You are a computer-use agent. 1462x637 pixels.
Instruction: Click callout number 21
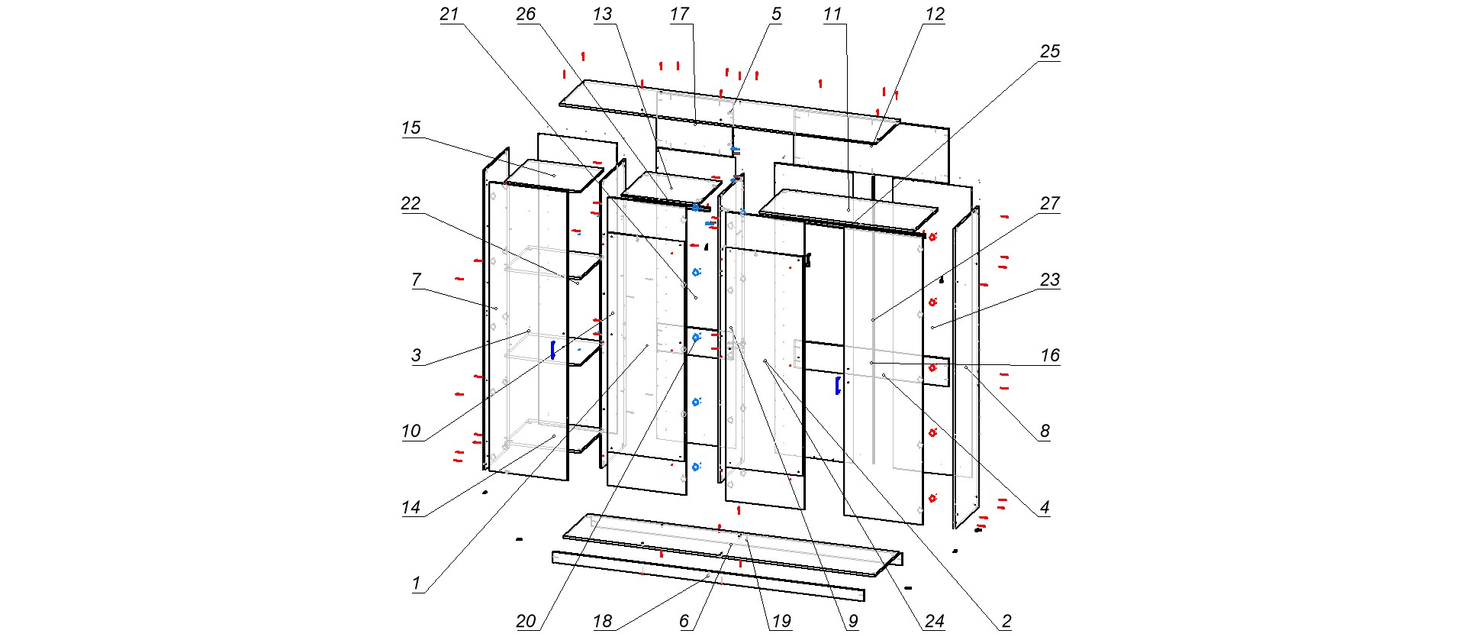coord(449,14)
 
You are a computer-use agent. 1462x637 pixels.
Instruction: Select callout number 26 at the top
coord(526,14)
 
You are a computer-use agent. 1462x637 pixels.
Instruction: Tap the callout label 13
coord(602,14)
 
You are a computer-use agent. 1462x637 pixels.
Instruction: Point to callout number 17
coord(679,14)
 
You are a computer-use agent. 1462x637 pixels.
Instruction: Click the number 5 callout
coord(776,14)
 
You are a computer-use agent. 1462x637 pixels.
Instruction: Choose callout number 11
coord(832,14)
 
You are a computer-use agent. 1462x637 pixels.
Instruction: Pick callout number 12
coord(935,14)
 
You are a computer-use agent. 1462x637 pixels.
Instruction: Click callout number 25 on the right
coord(1050,51)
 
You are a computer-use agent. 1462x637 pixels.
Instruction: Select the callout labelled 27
coord(1050,203)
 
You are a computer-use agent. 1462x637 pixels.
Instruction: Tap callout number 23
coord(1050,280)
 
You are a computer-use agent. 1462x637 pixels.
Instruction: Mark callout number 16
coord(1050,355)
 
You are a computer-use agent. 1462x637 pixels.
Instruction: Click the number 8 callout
coord(1045,431)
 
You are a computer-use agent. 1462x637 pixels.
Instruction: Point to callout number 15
coord(411,128)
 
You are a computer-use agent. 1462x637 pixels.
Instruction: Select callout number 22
coord(411,203)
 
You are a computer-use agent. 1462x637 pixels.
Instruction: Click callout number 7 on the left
coord(416,280)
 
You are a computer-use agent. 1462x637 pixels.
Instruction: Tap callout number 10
coord(411,431)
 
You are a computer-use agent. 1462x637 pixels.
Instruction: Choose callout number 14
coord(411,507)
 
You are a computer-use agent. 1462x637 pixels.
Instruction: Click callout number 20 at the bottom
coord(526,621)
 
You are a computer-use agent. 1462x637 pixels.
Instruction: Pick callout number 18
coord(602,621)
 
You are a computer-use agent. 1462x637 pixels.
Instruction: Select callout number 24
coord(935,621)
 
